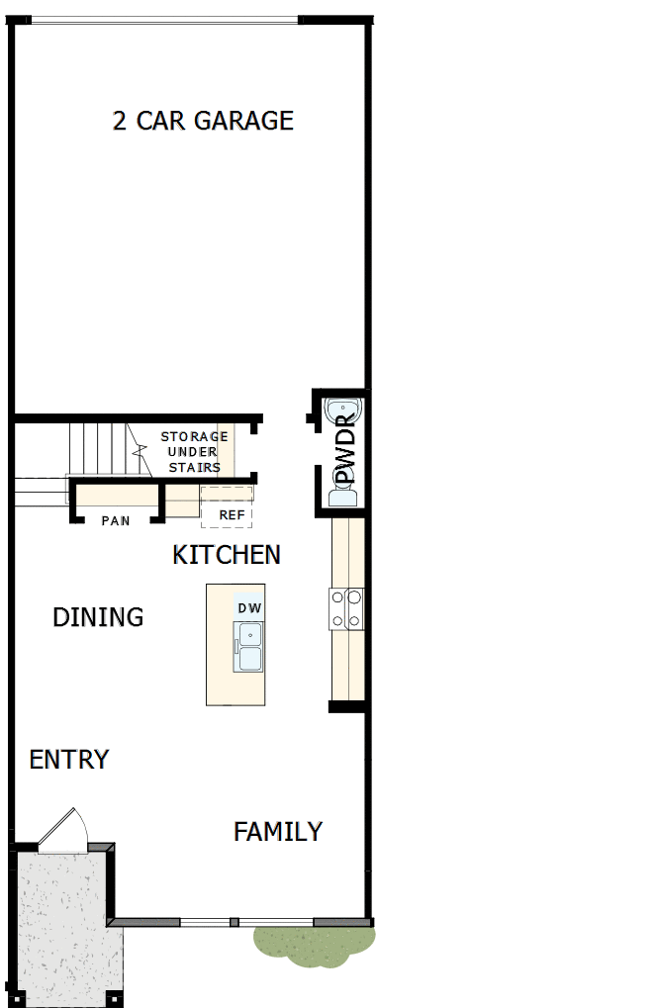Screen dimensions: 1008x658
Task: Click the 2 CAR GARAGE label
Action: (x=203, y=121)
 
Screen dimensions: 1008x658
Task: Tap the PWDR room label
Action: (x=344, y=449)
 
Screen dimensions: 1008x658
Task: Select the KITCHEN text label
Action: (x=227, y=555)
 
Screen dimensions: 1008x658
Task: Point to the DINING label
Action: (x=98, y=617)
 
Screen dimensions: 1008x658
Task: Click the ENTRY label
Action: (x=69, y=760)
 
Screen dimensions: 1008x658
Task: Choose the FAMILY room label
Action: (x=278, y=832)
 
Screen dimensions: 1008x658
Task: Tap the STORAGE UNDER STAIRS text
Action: (x=194, y=451)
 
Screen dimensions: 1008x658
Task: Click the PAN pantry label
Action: (x=116, y=520)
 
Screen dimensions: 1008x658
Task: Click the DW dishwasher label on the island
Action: (x=248, y=607)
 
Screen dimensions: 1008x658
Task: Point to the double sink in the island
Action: (x=248, y=647)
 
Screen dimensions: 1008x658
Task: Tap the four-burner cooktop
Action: (x=347, y=608)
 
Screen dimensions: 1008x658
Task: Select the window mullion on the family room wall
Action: (x=235, y=922)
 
